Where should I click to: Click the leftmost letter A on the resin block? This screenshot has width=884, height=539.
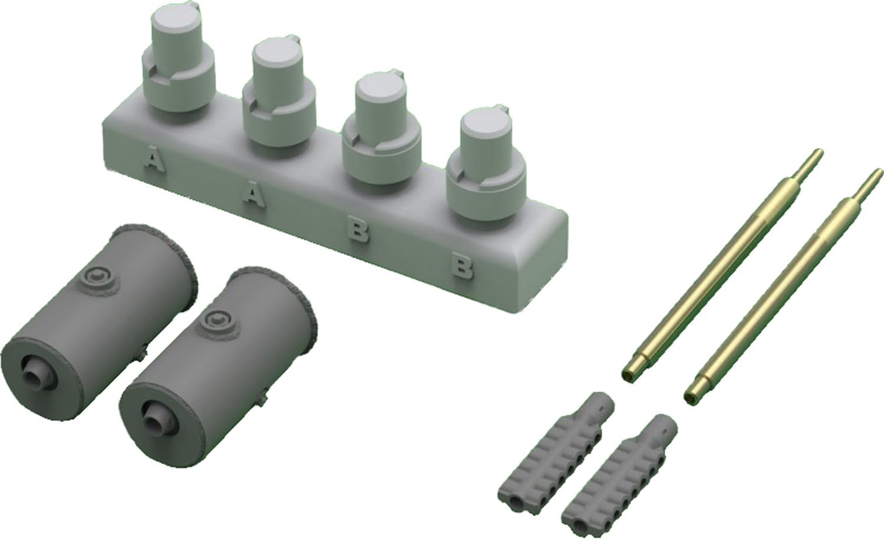(154, 160)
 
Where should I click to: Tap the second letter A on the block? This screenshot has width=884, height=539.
(253, 195)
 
